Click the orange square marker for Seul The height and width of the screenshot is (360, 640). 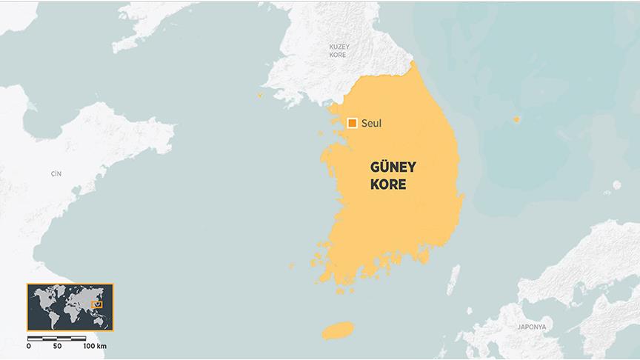click(352, 123)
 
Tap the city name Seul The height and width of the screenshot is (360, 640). click(372, 123)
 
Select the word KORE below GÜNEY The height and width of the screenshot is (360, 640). click(388, 184)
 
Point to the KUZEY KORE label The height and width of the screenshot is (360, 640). click(339, 50)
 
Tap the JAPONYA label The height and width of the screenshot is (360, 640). click(532, 326)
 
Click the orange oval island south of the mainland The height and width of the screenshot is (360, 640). click(339, 330)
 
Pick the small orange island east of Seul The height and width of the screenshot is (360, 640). click(517, 119)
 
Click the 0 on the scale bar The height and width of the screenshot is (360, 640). click(29, 346)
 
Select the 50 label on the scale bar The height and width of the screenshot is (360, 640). click(57, 346)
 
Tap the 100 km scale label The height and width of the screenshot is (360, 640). click(95, 346)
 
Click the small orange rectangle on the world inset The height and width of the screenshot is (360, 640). click(95, 304)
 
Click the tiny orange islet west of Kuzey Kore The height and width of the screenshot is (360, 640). click(260, 95)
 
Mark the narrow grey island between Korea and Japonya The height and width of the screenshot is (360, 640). click(453, 280)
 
